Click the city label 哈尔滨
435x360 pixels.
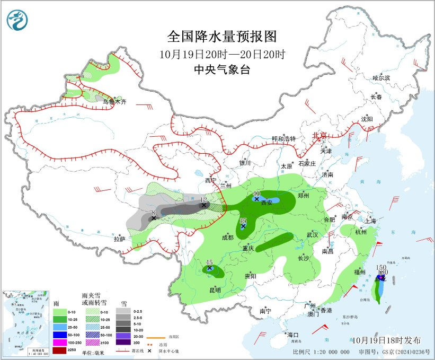click(x=381, y=78)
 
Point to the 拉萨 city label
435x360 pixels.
click(x=119, y=239)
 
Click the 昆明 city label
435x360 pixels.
click(x=215, y=289)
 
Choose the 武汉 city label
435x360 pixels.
click(x=312, y=234)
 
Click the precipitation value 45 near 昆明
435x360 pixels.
click(x=209, y=262)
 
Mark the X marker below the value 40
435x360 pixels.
click(x=257, y=199)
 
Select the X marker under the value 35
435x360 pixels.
click(x=243, y=226)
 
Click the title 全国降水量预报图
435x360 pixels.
click(x=222, y=37)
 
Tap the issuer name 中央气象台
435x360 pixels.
click(x=221, y=70)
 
